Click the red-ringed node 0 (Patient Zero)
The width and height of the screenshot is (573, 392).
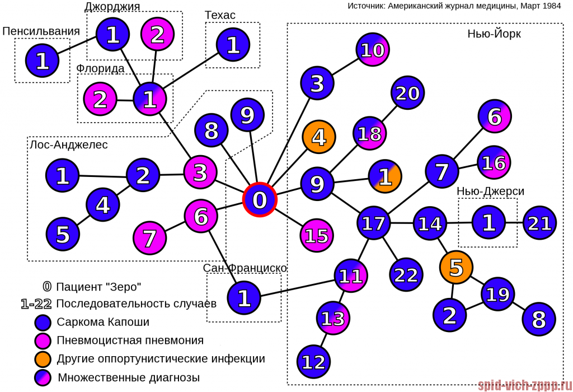[260, 199]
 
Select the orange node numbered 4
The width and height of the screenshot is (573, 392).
[318, 137]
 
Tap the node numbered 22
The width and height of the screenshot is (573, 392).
[406, 274]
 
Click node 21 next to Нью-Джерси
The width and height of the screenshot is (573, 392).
[539, 223]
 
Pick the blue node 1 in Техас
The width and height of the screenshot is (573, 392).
[233, 45]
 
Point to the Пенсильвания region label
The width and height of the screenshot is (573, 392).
[41, 31]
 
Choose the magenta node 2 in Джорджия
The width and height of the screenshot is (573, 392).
[157, 35]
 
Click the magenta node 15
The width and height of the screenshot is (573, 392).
[317, 235]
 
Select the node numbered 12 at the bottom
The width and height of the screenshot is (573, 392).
[313, 362]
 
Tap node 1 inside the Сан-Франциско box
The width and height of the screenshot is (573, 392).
[244, 298]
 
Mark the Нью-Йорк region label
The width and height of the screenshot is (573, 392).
[494, 34]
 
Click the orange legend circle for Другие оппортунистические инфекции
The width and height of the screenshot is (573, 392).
[43, 358]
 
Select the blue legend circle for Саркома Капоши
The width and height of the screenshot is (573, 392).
[43, 323]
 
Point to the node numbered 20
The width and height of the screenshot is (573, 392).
[407, 93]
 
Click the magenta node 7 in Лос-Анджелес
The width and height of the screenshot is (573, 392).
[150, 238]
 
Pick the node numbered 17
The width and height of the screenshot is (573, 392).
[373, 223]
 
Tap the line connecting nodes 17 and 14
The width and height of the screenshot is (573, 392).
[402, 223]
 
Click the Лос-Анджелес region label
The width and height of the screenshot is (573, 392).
[68, 145]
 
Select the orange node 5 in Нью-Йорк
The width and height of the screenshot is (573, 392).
[456, 267]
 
